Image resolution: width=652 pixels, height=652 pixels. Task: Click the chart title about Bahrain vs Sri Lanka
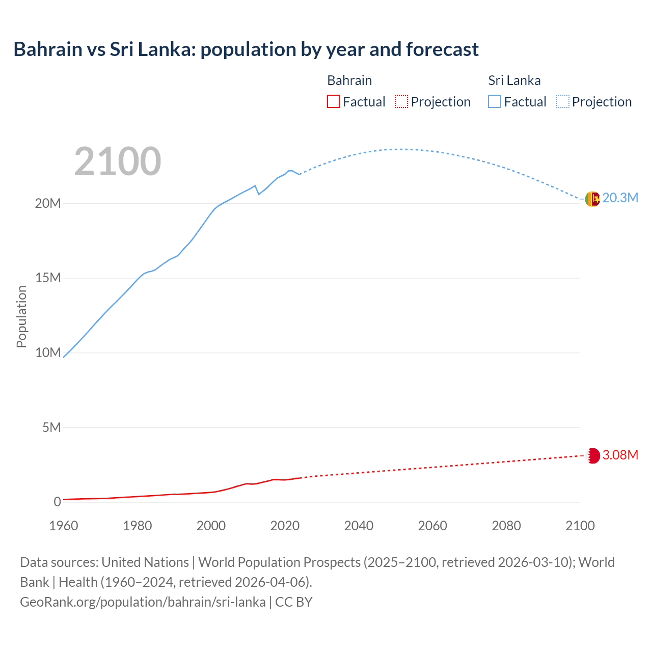pyautogui.click(x=246, y=49)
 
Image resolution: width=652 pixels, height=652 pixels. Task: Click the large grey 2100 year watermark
pyautogui.click(x=118, y=161)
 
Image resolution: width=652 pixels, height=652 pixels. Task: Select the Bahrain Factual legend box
pyautogui.click(x=333, y=101)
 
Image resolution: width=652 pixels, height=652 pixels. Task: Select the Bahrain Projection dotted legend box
pyautogui.click(x=401, y=101)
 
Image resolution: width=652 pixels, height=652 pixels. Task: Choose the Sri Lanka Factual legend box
pyautogui.click(x=495, y=101)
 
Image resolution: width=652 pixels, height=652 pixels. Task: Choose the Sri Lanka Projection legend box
pyautogui.click(x=562, y=101)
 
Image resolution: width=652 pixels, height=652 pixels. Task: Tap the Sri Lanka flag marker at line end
pyautogui.click(x=592, y=199)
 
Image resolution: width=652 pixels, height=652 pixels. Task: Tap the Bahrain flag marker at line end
pyautogui.click(x=593, y=455)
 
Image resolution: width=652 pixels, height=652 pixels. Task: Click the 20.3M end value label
pyautogui.click(x=620, y=198)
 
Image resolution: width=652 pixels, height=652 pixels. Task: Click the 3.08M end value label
pyautogui.click(x=620, y=455)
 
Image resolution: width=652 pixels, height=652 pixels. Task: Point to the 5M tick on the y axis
pyautogui.click(x=51, y=427)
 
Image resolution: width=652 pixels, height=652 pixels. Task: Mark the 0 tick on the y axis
pyautogui.click(x=57, y=502)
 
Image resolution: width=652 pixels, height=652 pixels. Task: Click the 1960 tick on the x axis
pyautogui.click(x=64, y=526)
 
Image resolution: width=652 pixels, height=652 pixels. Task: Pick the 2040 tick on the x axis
pyautogui.click(x=359, y=526)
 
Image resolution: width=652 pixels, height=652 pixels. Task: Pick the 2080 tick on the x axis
pyautogui.click(x=506, y=526)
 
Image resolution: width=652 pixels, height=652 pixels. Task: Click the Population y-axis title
pyautogui.click(x=21, y=316)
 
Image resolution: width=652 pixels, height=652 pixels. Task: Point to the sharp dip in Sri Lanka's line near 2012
pyautogui.click(x=259, y=194)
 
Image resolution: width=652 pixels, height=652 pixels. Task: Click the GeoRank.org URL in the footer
pyautogui.click(x=143, y=602)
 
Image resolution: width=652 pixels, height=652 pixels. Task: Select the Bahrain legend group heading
pyautogui.click(x=349, y=80)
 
